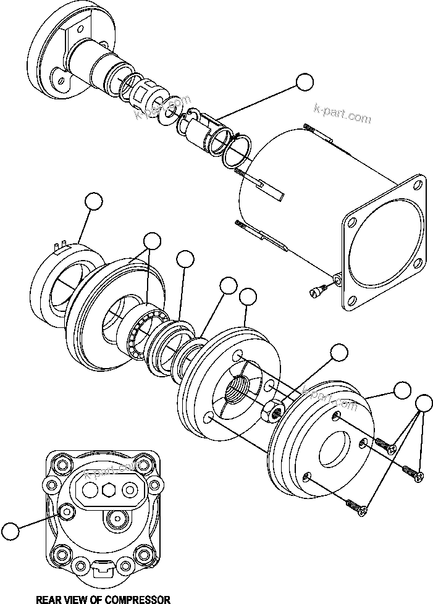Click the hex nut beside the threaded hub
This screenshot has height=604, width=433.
[272, 409]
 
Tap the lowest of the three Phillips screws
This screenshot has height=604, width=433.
[358, 505]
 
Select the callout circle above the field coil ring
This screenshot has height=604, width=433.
[93, 201]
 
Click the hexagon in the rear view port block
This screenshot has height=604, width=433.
[109, 490]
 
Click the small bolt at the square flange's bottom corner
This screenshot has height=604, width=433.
[319, 288]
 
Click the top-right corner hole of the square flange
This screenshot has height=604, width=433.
[416, 185]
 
